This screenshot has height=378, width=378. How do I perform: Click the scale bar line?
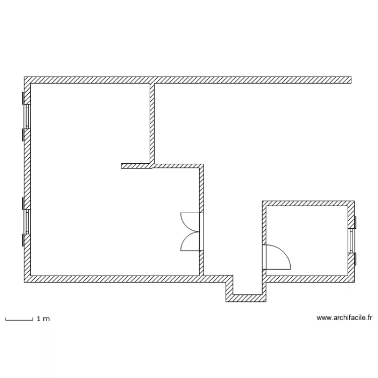coord(19,320)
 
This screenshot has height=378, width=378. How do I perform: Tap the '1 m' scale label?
coord(43,319)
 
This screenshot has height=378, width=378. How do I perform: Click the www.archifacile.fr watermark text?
coord(344,318)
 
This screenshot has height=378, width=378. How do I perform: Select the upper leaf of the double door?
coord(190,221)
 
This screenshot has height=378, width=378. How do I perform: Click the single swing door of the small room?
coord(276,257)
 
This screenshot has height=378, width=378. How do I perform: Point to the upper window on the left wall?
coord(27,116)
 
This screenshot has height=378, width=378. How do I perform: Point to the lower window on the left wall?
coord(27,222)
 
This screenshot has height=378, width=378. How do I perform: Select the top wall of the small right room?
coord(307,203)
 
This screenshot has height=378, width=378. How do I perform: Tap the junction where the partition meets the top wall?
coord(151,80)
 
